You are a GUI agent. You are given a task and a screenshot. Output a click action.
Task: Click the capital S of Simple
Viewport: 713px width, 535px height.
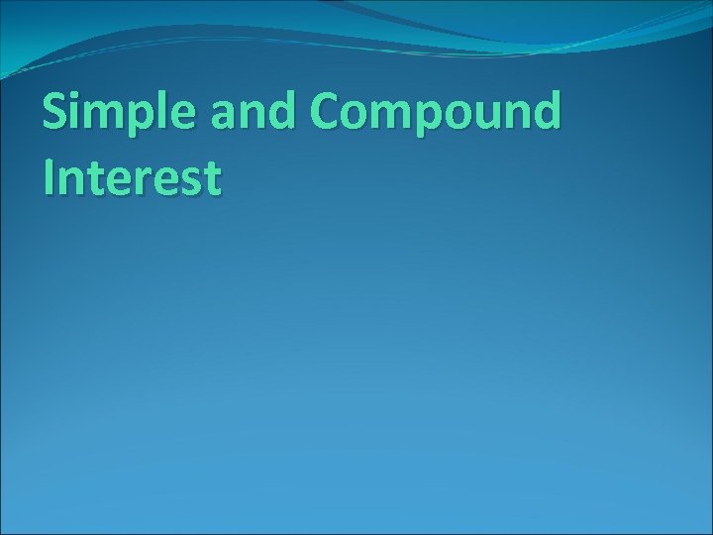click(56, 115)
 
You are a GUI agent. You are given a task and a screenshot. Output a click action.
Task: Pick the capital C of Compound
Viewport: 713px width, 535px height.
click(334, 115)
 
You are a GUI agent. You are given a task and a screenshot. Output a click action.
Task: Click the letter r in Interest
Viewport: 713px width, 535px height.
click(150, 180)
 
